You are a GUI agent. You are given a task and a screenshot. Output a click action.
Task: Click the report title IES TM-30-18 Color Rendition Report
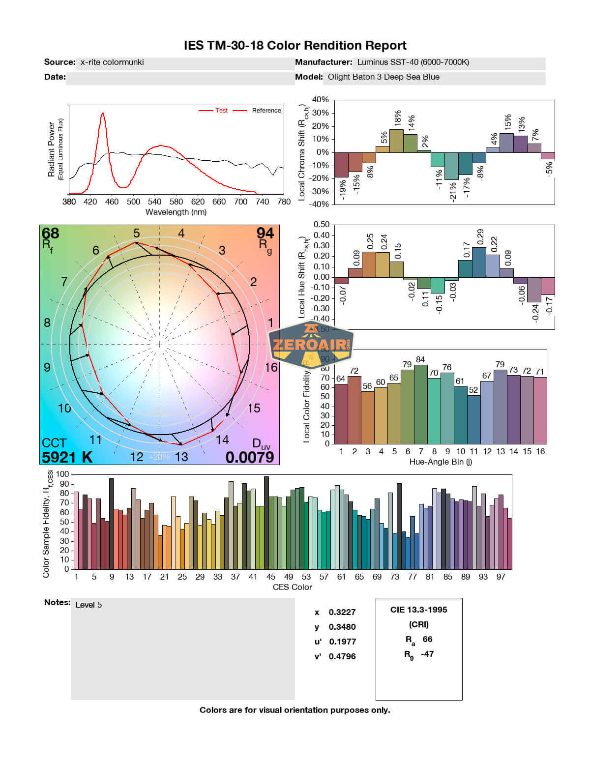coord(295,46)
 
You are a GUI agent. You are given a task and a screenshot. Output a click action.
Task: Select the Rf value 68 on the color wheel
coord(51,233)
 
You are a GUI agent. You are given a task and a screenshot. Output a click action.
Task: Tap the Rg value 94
coord(265,233)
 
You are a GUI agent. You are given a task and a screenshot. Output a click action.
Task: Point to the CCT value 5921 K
coord(67,457)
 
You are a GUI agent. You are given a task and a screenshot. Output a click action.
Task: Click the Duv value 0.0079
coord(250,457)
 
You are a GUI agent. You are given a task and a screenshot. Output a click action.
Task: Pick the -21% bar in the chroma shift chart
coord(451,166)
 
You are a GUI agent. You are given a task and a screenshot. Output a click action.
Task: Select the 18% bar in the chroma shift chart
coord(396,141)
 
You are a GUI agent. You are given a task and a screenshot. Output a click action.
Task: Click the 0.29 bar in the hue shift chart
coord(479,262)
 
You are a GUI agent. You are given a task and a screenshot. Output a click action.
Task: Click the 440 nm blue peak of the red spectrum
coord(103,114)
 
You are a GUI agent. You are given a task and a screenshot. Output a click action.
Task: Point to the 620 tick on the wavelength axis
coord(198,202)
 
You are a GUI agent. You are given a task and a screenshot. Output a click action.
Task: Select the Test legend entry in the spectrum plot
coord(221,111)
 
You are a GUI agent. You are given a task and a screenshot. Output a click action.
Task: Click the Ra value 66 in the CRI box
coord(427,639)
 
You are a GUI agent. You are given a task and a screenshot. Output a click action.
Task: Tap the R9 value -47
coord(427,654)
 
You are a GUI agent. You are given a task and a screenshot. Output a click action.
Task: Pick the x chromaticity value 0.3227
coord(342,612)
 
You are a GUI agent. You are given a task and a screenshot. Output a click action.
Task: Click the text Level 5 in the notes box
coord(88,605)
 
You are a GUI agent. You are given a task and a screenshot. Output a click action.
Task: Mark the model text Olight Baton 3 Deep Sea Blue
coord(383,77)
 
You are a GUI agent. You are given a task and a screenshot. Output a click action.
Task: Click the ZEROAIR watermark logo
coord(311,344)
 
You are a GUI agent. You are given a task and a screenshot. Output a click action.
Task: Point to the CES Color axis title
coord(293,587)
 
